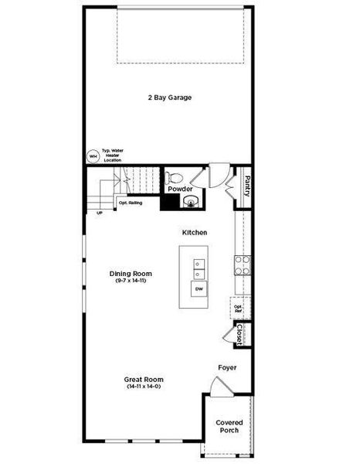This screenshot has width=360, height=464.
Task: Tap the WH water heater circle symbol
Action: click(93, 155)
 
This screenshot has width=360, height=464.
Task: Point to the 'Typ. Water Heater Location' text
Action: click(113, 155)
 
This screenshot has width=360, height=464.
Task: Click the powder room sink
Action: click(191, 203)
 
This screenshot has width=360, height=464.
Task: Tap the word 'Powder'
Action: click(180, 189)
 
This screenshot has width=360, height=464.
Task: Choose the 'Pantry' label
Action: click(246, 186)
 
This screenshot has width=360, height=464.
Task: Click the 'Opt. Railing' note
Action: click(129, 203)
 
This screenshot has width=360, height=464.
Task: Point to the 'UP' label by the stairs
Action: click(99, 213)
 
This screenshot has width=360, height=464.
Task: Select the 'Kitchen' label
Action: click(194, 232)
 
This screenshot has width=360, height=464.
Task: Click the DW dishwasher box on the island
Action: click(199, 290)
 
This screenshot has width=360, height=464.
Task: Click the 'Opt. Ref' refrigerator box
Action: click(238, 308)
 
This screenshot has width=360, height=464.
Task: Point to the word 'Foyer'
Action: click(227, 367)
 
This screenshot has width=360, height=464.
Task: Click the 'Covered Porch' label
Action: click(229, 426)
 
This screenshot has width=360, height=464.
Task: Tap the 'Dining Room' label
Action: click(131, 274)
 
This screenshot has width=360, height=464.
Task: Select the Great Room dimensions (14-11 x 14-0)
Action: click(144, 386)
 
